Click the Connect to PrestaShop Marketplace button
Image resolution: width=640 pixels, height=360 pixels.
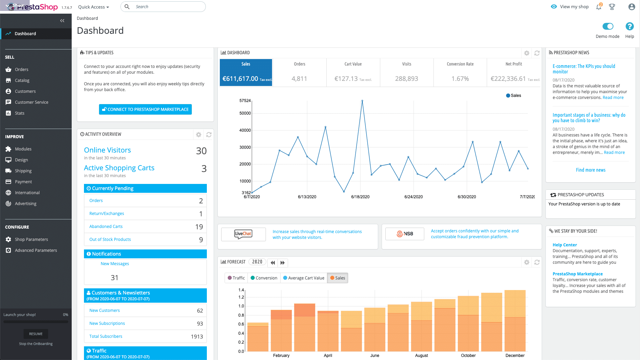tap(145, 110)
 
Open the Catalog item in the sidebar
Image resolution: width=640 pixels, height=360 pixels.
tap(22, 81)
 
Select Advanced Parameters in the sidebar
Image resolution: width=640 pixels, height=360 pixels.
tap(36, 250)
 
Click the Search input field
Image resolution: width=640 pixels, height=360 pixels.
tap(167, 7)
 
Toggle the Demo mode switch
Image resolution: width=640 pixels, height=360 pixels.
tap(608, 26)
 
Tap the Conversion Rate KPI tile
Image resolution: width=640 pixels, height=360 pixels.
tap(460, 72)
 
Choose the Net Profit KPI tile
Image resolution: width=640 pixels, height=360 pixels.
tap(514, 72)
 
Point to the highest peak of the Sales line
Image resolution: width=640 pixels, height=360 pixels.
tap(362, 101)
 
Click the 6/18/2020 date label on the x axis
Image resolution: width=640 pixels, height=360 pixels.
tap(360, 197)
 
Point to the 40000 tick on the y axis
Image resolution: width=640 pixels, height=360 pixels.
tap(245, 130)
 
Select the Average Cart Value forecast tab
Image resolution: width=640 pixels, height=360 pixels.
tap(303, 278)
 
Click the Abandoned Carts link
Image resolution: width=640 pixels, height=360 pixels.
tap(106, 227)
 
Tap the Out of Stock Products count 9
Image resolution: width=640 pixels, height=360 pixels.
tap(201, 240)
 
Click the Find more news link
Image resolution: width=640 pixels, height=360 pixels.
tap(591, 170)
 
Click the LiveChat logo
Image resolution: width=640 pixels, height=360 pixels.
tap(243, 234)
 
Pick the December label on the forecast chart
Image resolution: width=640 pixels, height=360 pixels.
tap(515, 356)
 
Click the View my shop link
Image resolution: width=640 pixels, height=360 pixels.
tap(574, 7)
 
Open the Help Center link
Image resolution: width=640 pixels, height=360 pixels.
tap(565, 245)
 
